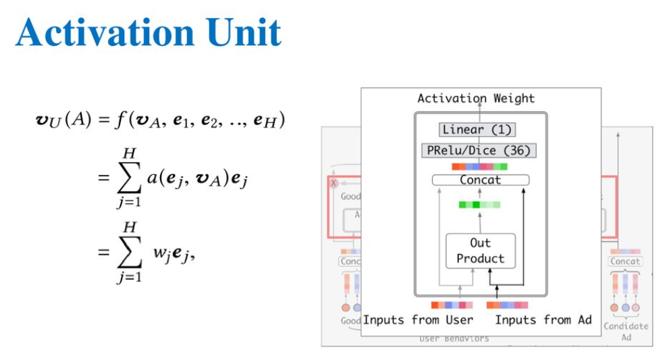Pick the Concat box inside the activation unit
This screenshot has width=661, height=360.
pyautogui.click(x=480, y=180)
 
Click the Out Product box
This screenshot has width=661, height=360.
pyautogui.click(x=480, y=251)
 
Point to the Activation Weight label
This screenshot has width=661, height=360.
pyautogui.click(x=476, y=99)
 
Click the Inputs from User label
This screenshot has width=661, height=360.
pyautogui.click(x=418, y=319)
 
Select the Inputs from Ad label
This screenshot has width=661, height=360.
pyautogui.click(x=543, y=319)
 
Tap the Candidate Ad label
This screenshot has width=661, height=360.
pyautogui.click(x=626, y=331)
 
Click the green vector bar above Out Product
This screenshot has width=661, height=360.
pyautogui.click(x=479, y=205)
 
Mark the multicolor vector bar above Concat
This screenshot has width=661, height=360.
pyautogui.click(x=479, y=167)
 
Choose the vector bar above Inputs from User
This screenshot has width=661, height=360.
pyautogui.click(x=452, y=305)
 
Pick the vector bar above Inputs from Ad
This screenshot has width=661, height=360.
pyautogui.click(x=507, y=305)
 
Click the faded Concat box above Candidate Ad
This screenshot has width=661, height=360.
pyautogui.click(x=625, y=261)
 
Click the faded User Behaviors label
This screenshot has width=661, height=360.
pyautogui.click(x=454, y=338)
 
